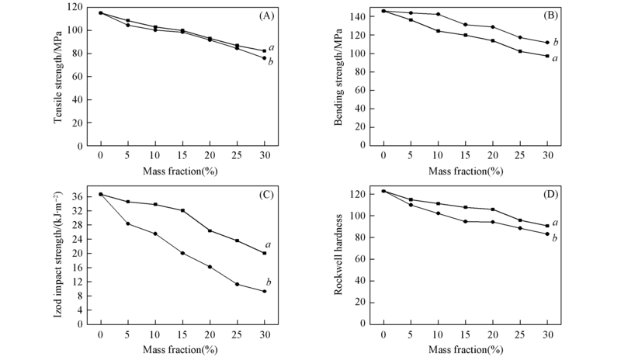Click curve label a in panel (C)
(x=269, y=244)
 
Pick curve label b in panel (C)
(x=269, y=282)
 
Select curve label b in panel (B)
(x=556, y=42)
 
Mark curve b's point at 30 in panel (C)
(x=265, y=292)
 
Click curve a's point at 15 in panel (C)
(x=182, y=210)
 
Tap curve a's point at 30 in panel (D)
(x=547, y=226)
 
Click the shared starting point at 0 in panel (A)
(x=101, y=12)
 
